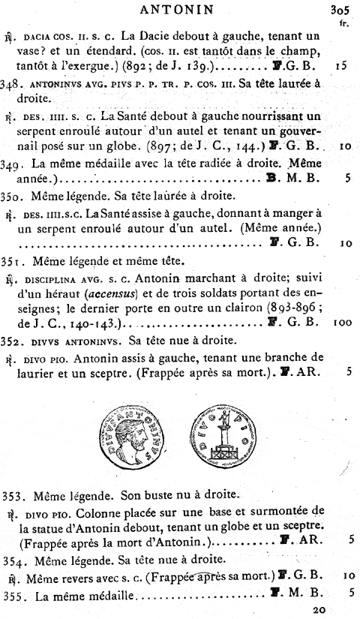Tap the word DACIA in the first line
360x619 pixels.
click(37, 36)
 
